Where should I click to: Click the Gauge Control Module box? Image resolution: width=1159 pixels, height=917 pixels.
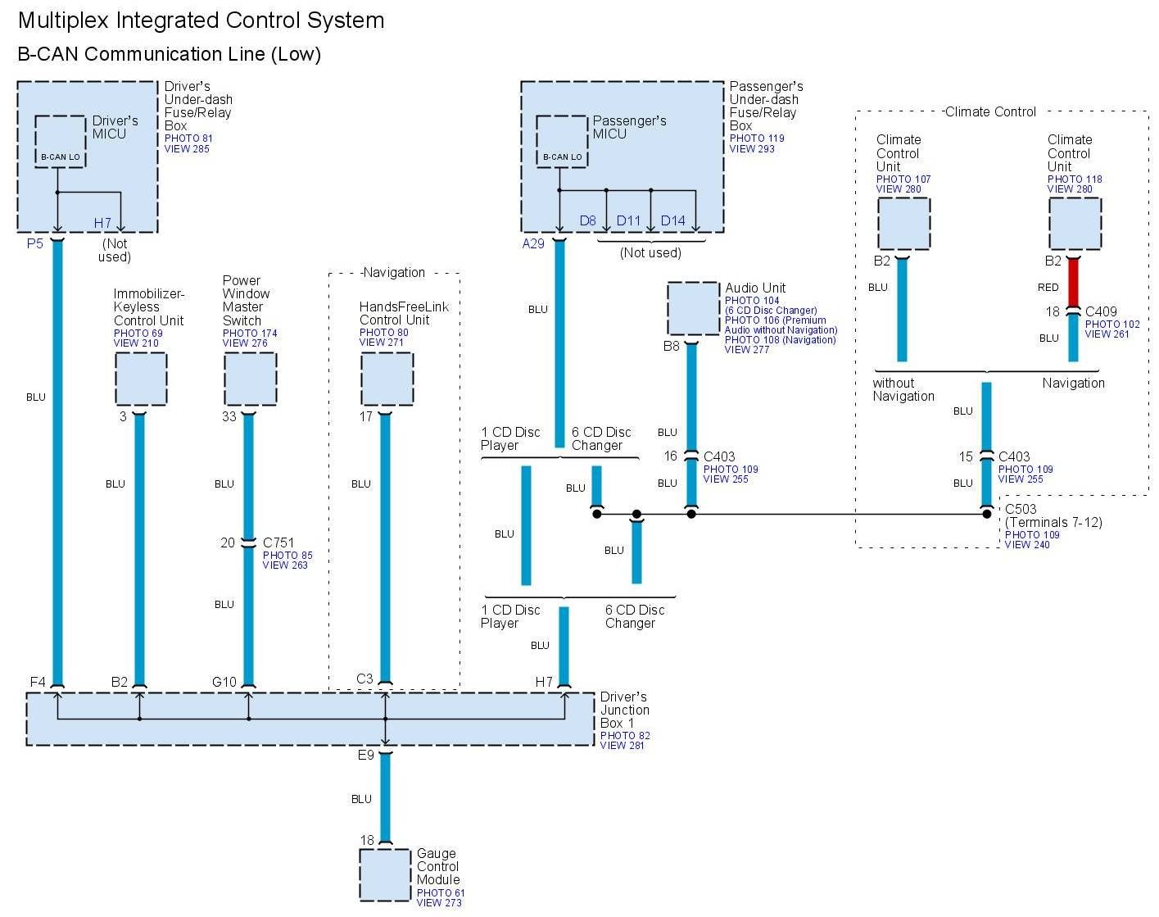385,874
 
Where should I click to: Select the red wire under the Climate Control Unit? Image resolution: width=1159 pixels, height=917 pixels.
1073,283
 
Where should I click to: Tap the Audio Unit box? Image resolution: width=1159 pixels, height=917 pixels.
693,308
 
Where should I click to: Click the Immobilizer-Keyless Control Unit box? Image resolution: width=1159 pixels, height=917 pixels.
141,379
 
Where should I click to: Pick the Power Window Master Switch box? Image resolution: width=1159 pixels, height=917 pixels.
250,379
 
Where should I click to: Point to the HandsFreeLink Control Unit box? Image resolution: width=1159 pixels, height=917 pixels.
387,379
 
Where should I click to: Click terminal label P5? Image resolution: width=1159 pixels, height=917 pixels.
34,243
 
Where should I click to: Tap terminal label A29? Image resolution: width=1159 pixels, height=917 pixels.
533,243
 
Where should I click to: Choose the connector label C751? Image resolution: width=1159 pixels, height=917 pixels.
279,542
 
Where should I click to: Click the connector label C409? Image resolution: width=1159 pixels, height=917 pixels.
1101,311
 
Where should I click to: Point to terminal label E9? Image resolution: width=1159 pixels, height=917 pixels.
365,755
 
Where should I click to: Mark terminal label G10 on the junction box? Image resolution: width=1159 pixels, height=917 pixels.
224,682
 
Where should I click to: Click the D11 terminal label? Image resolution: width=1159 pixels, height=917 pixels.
628,220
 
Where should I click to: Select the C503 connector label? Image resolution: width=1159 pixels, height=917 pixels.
1021,509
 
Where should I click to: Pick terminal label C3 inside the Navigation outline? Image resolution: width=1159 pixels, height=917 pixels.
364,679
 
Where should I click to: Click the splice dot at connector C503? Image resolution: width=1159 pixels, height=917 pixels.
987,514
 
